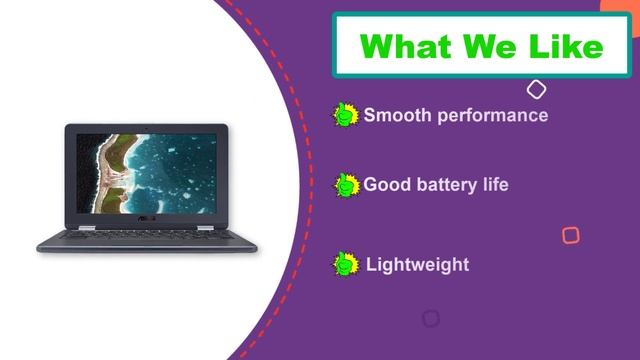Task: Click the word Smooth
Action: click(x=394, y=115)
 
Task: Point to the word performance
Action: click(x=489, y=115)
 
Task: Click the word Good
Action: click(x=386, y=184)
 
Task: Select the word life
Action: click(x=492, y=184)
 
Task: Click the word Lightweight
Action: click(x=417, y=265)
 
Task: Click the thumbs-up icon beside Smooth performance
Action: click(x=345, y=115)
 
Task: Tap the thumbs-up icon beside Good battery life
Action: click(x=345, y=185)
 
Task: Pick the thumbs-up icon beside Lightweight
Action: click(x=345, y=264)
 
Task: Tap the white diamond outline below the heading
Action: click(x=536, y=90)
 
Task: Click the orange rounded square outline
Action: click(x=570, y=236)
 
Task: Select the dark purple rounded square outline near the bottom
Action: click(x=430, y=318)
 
